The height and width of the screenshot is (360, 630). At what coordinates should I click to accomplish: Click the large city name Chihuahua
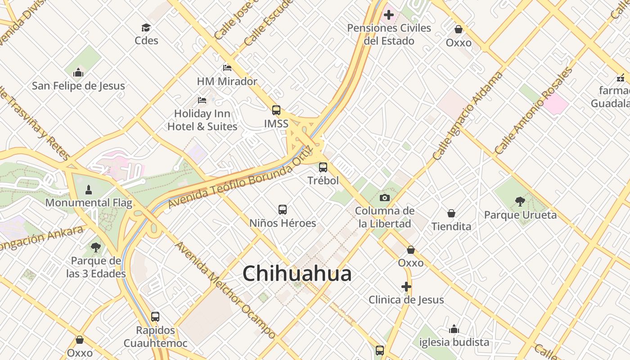click(x=297, y=274)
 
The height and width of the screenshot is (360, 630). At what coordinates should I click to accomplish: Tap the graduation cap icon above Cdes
click(x=146, y=28)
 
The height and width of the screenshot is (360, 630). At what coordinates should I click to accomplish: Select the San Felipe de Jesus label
click(x=78, y=85)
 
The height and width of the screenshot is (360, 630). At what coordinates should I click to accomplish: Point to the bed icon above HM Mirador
click(x=227, y=68)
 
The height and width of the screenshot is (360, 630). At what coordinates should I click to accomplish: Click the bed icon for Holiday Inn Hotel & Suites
click(x=202, y=100)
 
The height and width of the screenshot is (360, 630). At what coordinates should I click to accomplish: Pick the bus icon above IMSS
click(x=276, y=110)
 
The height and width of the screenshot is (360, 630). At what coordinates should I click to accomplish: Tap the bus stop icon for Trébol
click(x=323, y=167)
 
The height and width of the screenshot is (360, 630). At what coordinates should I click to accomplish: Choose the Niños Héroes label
click(x=283, y=223)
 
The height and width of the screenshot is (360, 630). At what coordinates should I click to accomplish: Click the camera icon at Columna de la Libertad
click(x=384, y=198)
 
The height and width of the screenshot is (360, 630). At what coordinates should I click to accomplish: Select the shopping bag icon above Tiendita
click(x=451, y=213)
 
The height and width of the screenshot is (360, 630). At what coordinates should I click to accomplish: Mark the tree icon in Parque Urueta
click(x=520, y=201)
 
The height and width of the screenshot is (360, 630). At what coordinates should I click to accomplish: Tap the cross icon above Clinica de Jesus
click(x=406, y=287)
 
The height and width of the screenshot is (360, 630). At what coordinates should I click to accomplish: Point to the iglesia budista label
click(x=454, y=342)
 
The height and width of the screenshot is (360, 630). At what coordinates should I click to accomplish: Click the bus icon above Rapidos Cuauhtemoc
click(x=155, y=316)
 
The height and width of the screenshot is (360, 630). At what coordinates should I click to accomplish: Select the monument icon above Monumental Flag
click(x=89, y=189)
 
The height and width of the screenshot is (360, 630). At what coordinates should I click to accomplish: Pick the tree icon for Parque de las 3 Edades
click(x=95, y=247)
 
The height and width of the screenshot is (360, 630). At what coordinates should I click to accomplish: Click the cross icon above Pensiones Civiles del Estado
click(x=389, y=15)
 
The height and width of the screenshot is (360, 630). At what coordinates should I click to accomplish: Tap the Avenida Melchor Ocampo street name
click(x=225, y=290)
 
